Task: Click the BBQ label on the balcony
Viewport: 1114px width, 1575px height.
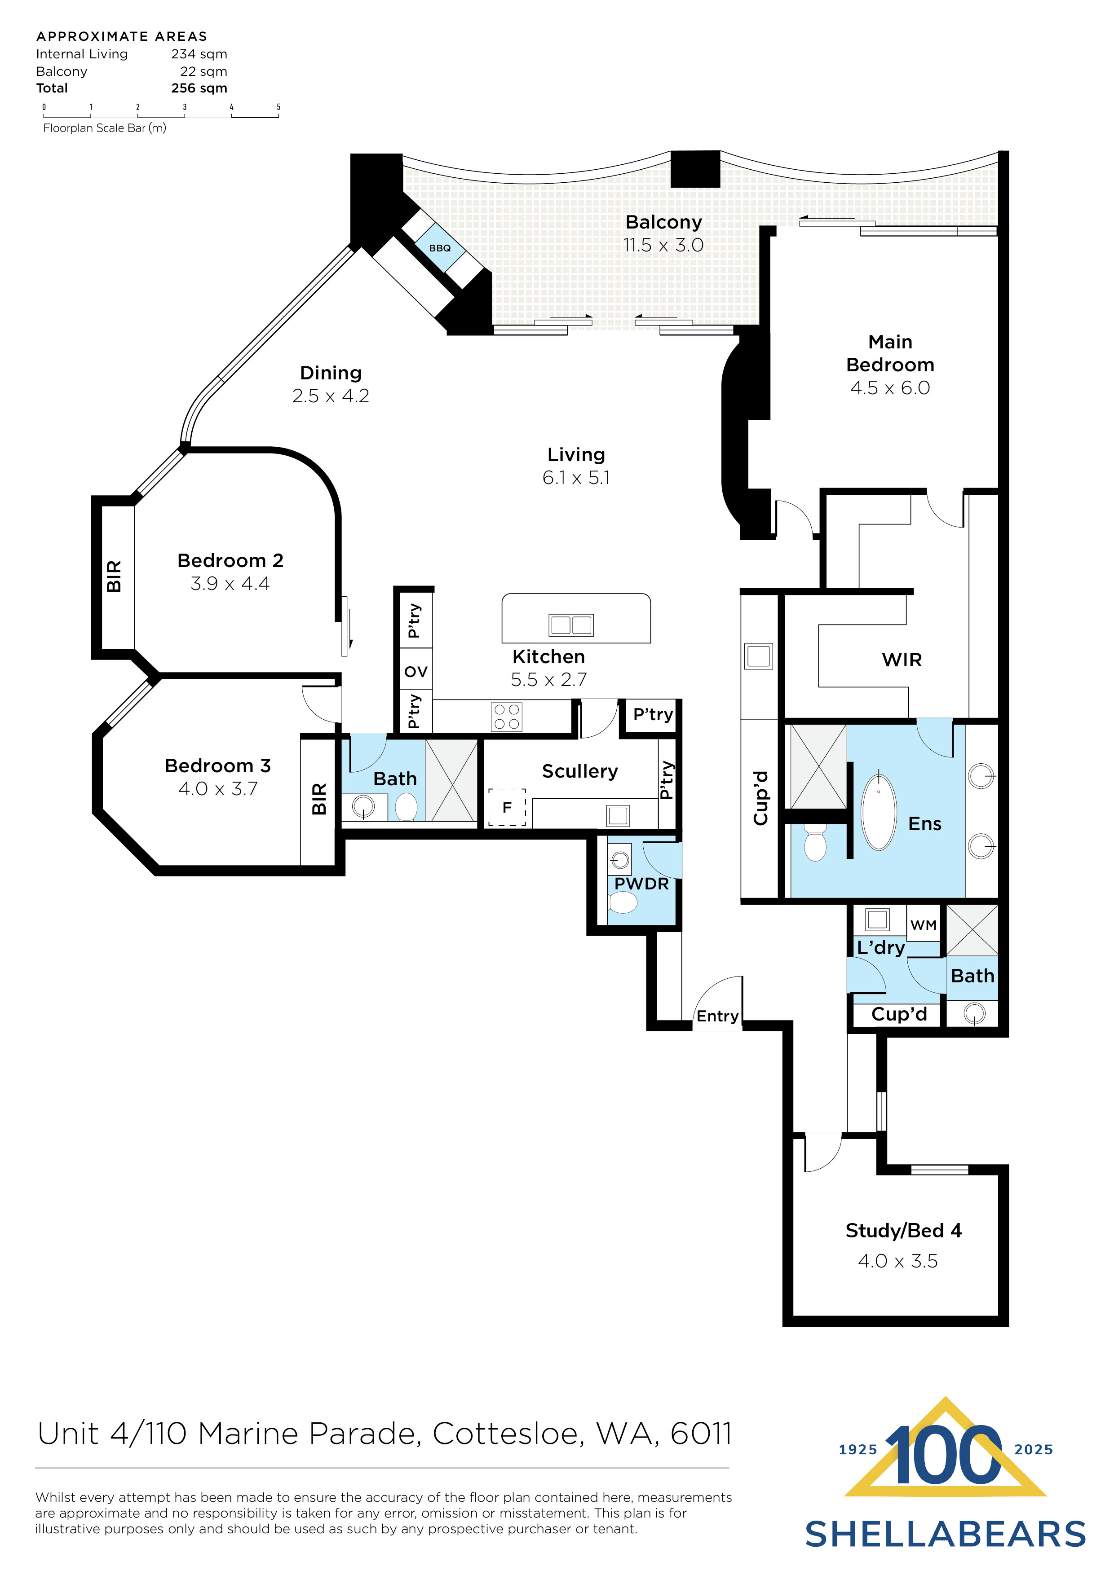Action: click(x=439, y=248)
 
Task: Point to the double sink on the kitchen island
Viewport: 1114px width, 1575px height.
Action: click(x=570, y=625)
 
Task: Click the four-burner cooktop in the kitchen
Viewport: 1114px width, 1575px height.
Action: click(x=507, y=717)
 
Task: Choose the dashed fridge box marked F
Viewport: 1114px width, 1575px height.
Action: click(x=507, y=807)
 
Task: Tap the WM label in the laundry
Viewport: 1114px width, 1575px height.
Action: click(x=923, y=925)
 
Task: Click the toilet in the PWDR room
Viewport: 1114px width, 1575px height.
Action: click(x=623, y=903)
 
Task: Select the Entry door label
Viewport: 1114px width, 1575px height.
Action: click(x=717, y=1016)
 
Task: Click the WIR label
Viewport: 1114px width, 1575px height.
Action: click(x=901, y=660)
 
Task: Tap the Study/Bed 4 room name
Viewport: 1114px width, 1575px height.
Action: click(x=903, y=1231)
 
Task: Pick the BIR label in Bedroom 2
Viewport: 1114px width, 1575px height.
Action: click(x=114, y=576)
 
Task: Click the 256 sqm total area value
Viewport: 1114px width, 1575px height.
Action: click(x=199, y=88)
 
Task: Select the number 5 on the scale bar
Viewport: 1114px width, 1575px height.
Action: click(x=278, y=107)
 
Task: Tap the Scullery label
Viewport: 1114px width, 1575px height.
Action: click(x=579, y=772)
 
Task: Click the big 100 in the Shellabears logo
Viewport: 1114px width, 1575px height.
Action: click(x=945, y=1456)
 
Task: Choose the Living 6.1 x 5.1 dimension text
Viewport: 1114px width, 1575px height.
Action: click(x=576, y=478)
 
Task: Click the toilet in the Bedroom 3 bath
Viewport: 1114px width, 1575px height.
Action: click(x=407, y=807)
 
